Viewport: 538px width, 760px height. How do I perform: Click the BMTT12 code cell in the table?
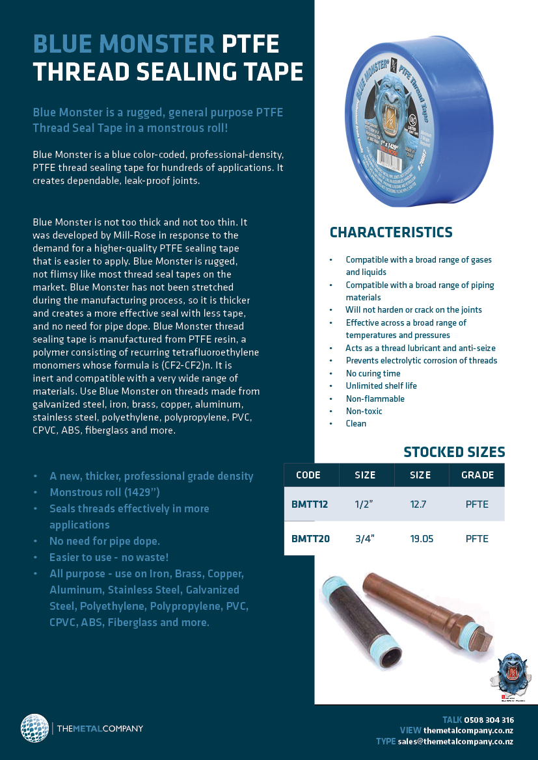tap(310, 504)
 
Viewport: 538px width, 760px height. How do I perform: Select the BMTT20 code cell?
tap(310, 538)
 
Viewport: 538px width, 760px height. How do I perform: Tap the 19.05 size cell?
tap(422, 538)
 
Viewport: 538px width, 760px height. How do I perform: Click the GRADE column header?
tap(477, 475)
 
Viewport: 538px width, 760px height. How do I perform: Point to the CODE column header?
tap(308, 475)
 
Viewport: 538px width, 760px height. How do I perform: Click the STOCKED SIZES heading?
tap(454, 452)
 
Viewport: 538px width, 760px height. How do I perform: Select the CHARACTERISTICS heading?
tap(391, 233)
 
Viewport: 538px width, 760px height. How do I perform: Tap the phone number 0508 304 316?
tap(489, 720)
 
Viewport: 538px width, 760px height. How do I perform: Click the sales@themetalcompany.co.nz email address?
tap(455, 741)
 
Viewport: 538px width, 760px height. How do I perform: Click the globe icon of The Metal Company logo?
tap(34, 728)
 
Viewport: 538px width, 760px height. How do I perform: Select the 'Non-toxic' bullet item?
tap(364, 411)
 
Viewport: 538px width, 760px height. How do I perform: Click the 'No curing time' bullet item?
tap(373, 373)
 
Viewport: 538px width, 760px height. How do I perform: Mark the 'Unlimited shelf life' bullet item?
tap(381, 386)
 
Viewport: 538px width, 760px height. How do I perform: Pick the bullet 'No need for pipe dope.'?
tap(104, 541)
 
